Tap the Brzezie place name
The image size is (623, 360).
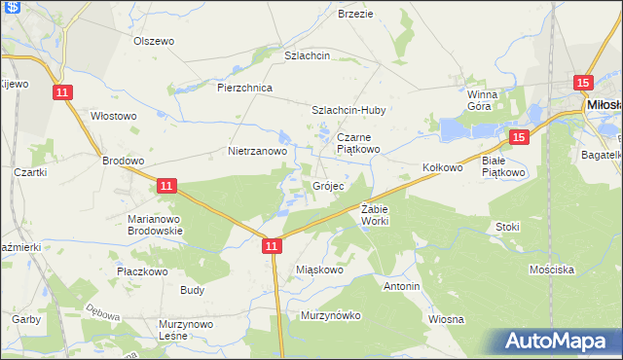355,14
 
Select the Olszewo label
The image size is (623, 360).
153,41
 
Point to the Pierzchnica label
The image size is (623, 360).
244,88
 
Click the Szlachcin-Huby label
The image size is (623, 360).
349,111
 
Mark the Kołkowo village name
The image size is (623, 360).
442,167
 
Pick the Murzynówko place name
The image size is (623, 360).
331,315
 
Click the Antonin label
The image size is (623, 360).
402,287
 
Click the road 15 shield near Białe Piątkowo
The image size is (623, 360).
519,138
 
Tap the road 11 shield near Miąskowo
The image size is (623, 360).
273,248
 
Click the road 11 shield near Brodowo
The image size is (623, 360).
166,185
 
